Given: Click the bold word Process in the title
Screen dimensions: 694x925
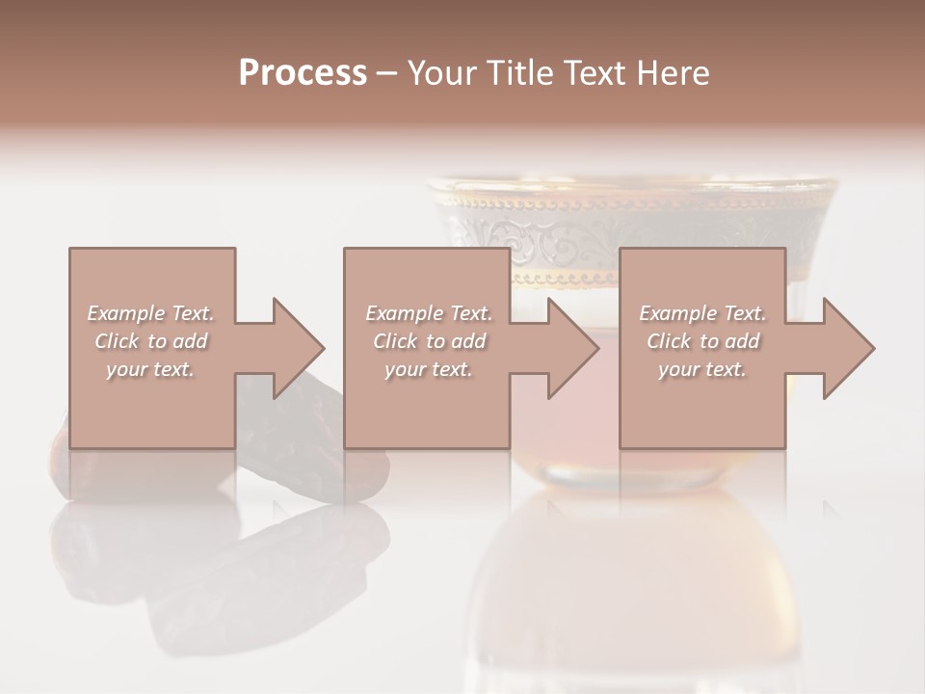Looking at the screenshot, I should [x=303, y=73].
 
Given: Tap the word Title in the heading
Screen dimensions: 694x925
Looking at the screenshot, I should [x=521, y=73].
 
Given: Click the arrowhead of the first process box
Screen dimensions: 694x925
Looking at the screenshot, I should [x=297, y=348].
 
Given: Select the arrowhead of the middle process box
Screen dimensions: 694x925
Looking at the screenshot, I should [x=571, y=348].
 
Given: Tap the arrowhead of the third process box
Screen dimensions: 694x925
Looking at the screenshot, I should [x=847, y=348].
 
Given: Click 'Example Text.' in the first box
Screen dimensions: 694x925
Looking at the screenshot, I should [x=150, y=313].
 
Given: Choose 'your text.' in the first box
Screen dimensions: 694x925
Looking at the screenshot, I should [x=150, y=369].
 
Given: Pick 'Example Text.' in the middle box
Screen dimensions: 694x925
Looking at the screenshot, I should [x=429, y=313].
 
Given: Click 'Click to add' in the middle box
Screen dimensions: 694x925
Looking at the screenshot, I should [x=429, y=341].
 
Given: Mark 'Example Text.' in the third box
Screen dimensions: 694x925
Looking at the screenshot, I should [x=702, y=313].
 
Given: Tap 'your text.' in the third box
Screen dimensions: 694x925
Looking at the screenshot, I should [x=702, y=369].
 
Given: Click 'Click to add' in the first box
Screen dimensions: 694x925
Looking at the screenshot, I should [x=150, y=341].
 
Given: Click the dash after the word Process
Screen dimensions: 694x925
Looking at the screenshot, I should [x=386, y=74].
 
